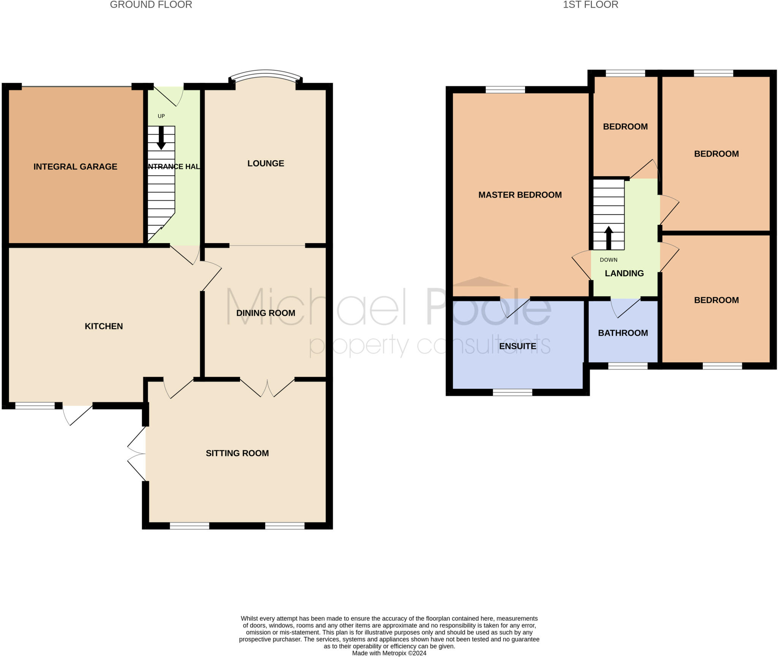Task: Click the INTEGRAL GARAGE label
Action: tap(75, 166)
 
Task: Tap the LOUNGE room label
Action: tap(266, 163)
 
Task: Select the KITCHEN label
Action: tap(104, 326)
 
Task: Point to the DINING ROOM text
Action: tap(266, 313)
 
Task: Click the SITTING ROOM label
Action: tap(237, 453)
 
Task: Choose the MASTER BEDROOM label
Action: tap(520, 195)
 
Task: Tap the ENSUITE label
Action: tap(517, 346)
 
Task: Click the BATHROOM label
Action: tap(623, 333)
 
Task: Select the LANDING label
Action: tap(624, 273)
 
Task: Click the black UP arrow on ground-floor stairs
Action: tap(161, 138)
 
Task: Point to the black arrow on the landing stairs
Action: tap(609, 238)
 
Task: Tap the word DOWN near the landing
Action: tap(609, 260)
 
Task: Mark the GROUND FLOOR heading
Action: tap(151, 5)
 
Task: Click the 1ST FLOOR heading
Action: tap(590, 5)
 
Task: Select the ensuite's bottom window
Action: tap(512, 393)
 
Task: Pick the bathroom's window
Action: tap(628, 366)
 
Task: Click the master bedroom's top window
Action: tap(505, 90)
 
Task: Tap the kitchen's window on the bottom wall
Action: tap(35, 406)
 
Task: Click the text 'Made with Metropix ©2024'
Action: tap(389, 653)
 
